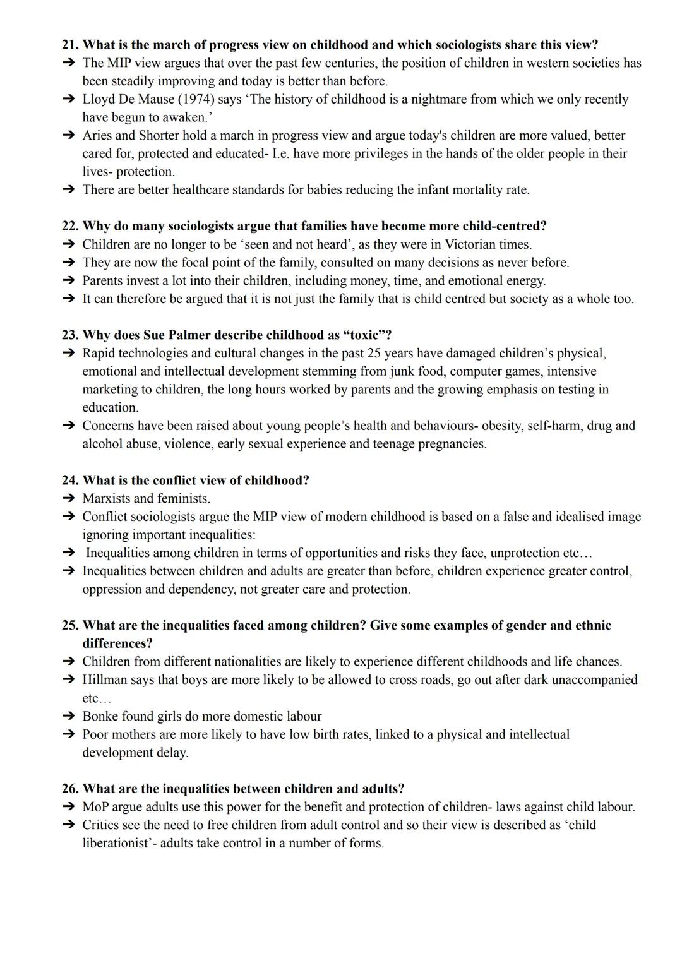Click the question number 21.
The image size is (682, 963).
pos(70,45)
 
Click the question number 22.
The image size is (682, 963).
pos(70,226)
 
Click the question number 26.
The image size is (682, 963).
pos(70,789)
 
